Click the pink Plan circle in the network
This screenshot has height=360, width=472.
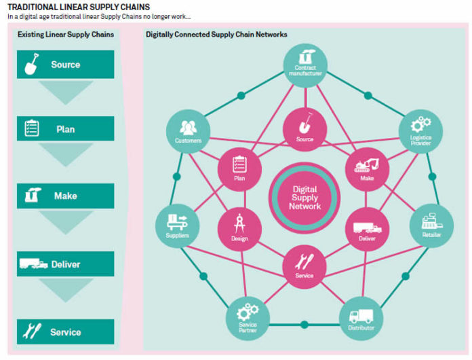click(239, 168)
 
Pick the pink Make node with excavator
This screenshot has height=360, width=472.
click(367, 168)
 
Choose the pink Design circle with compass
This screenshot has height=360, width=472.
click(239, 228)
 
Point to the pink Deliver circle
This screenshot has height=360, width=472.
click(367, 228)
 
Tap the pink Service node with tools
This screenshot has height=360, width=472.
click(304, 264)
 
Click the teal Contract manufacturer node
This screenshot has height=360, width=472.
click(304, 65)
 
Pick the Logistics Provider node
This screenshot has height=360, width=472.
click(420, 131)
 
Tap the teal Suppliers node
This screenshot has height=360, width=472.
click(177, 226)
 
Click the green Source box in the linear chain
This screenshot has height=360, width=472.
click(65, 65)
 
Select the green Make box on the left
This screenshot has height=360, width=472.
click(65, 196)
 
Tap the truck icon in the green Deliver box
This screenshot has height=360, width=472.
click(33, 264)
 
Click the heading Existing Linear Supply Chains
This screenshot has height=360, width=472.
click(66, 34)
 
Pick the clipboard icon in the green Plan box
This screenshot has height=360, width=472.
click(32, 129)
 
